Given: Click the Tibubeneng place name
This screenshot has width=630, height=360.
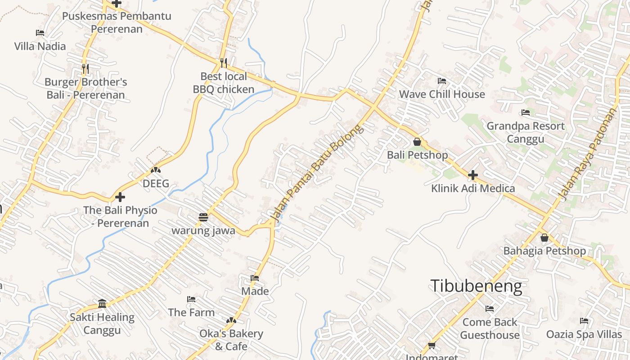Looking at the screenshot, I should pos(476,287).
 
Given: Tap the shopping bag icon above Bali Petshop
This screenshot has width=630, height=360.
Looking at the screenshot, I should pos(417,142).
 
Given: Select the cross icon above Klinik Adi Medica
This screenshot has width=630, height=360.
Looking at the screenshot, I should pos(473,175).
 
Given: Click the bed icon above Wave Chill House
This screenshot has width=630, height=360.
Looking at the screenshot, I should pos(442,81).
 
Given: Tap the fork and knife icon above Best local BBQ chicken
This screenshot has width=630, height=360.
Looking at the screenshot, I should pos(224,63).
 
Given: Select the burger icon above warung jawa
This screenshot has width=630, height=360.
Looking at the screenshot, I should pos(203,217).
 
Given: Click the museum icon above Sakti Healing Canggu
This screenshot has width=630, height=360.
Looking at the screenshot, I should pos(102,303).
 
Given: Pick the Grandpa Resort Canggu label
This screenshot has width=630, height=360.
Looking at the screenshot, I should pos(525,132).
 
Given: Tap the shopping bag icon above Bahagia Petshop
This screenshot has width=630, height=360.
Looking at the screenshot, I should pos(544,238).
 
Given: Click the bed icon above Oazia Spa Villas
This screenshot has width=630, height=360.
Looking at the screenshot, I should pos(584,321).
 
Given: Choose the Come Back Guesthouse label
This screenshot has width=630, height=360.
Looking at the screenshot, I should pos(490,328).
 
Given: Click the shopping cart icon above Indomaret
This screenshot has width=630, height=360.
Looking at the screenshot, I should pos(432,346).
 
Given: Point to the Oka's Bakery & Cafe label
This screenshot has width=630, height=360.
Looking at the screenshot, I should pos(231,340).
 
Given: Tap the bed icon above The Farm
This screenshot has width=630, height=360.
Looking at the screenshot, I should pos(191,299).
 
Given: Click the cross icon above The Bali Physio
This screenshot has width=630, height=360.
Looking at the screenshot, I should pos(120,197).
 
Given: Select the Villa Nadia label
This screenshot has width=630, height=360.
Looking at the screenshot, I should pos(40,46).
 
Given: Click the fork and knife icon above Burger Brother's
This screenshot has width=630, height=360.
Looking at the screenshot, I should pos(85,69).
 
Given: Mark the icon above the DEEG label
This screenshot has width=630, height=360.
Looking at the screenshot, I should pos(156,170).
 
